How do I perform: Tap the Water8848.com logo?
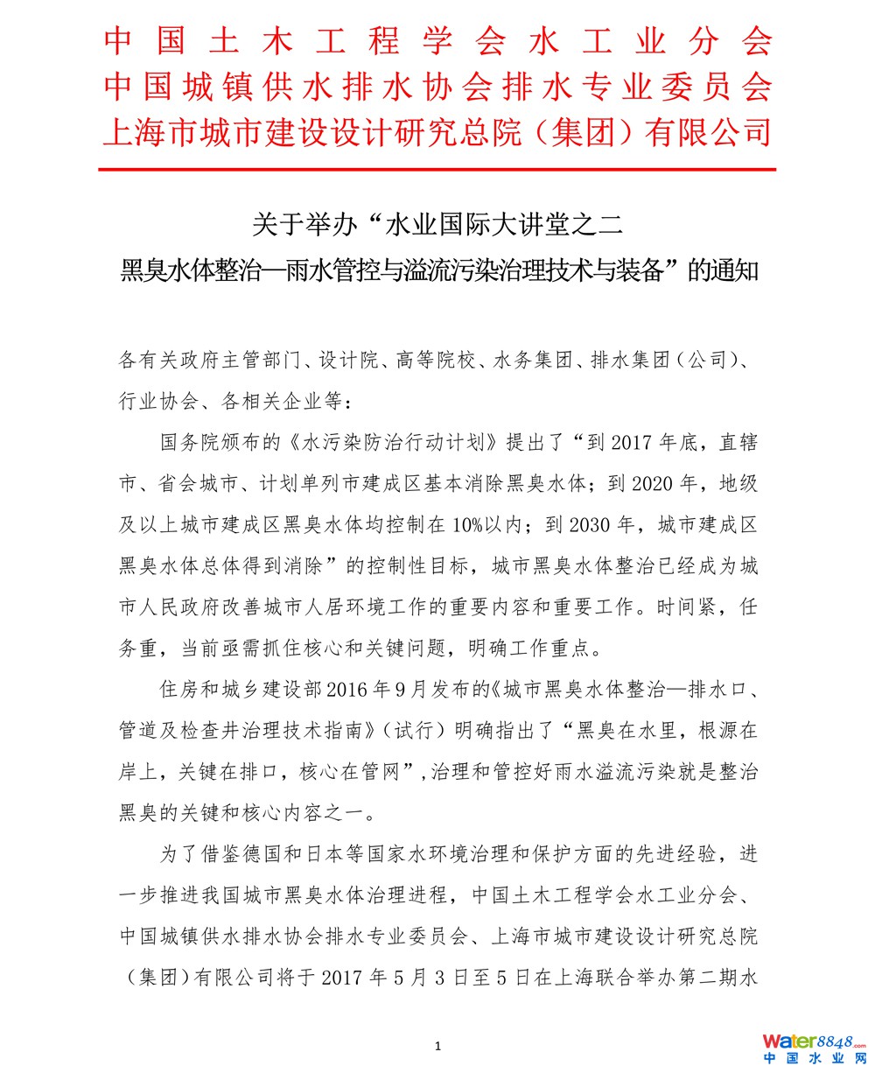813,1042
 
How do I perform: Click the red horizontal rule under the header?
437,168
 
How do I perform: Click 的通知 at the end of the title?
723,271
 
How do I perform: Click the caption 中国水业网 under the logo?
813,1059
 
